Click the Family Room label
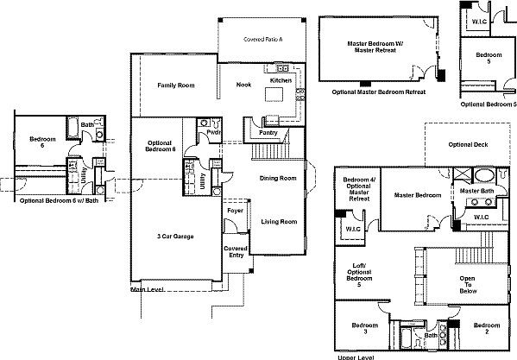(173, 85)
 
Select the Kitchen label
(281, 79)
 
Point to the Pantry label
(267, 134)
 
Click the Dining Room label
(278, 178)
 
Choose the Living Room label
(279, 222)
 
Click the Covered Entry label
(236, 251)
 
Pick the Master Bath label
(476, 190)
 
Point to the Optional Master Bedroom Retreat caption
(380, 90)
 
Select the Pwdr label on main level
(211, 133)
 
